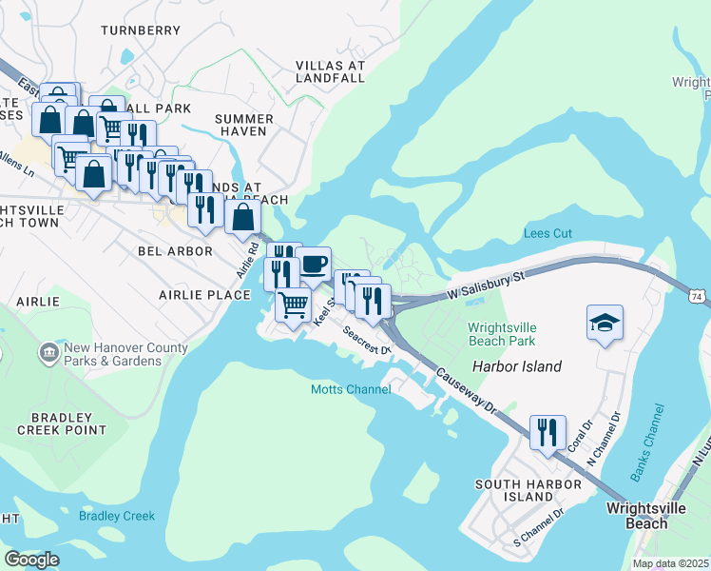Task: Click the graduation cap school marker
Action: coord(605,324)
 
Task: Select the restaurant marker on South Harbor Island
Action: coord(548,434)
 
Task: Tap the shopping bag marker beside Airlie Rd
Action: coord(243,218)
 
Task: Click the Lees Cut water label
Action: coord(548,233)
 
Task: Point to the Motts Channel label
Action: coord(351,389)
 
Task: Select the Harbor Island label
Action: coord(515,366)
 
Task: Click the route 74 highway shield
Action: coord(699,297)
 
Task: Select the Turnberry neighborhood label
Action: coord(140,30)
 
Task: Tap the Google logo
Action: coord(31,559)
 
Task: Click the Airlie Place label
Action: coord(204,295)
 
